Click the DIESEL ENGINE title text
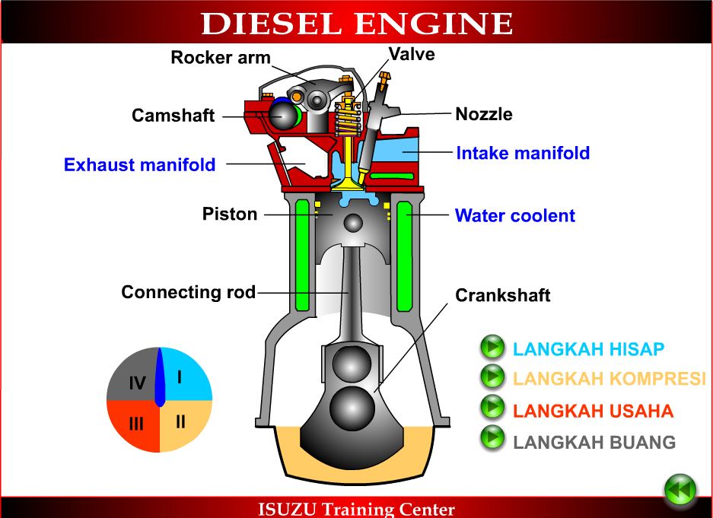356,24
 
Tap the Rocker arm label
221,58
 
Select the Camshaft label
173,116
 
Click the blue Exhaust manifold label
140,165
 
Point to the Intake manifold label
523,153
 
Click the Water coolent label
514,216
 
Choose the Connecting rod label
188,292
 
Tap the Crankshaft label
502,295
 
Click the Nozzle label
484,115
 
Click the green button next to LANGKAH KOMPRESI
493,376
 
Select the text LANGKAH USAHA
593,412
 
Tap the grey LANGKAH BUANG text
594,443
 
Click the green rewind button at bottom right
680,489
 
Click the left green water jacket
304,255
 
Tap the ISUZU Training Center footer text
356,509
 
